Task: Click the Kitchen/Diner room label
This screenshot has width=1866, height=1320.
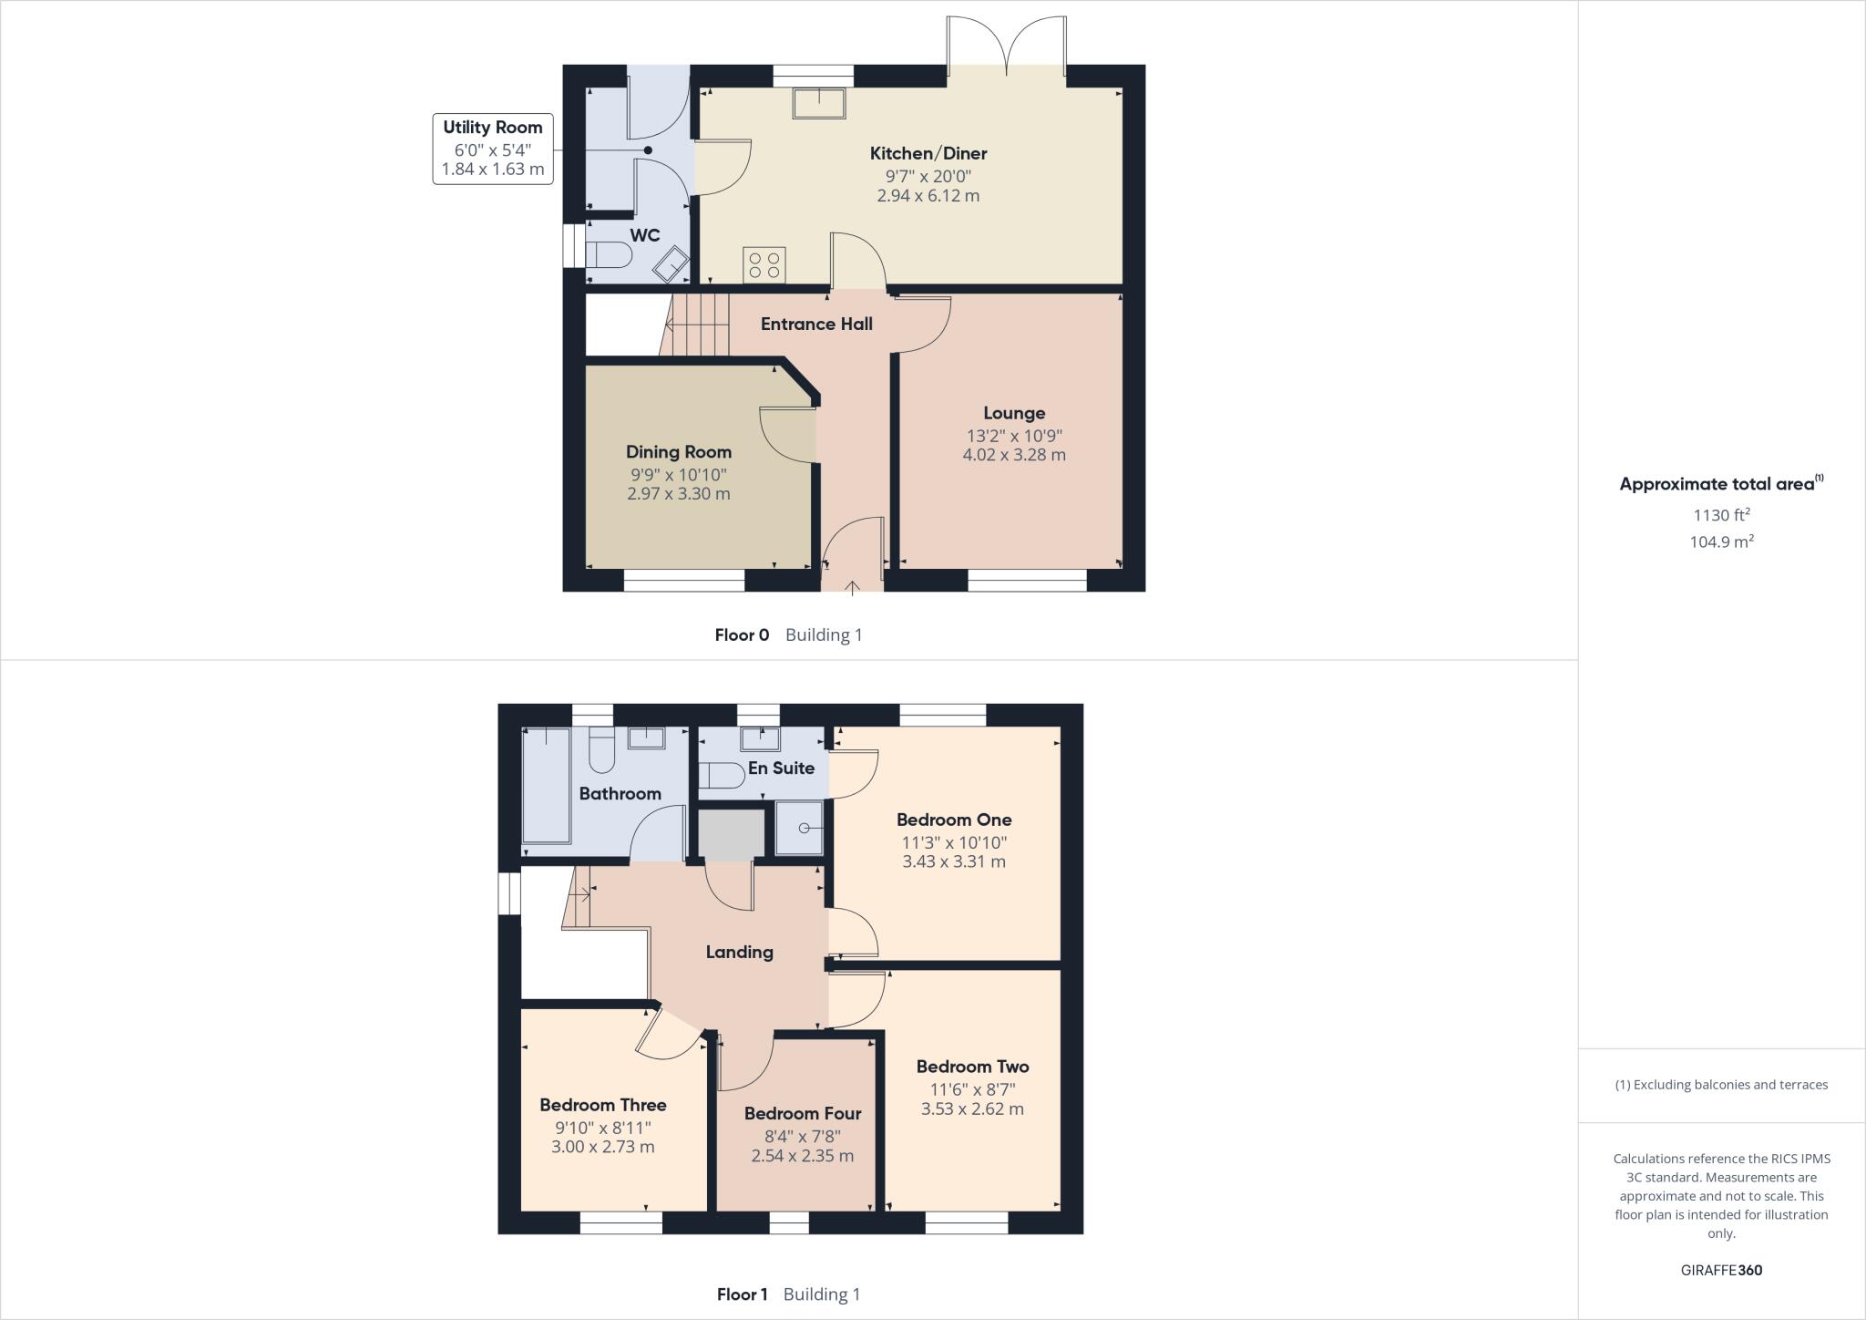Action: click(928, 153)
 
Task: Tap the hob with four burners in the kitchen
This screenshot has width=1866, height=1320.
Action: click(764, 264)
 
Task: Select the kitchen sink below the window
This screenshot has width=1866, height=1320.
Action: click(819, 103)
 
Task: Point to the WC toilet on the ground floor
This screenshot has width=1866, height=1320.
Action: click(609, 255)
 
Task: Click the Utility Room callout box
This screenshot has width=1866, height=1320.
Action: click(493, 148)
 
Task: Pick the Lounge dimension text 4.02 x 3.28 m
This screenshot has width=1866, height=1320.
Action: click(1013, 455)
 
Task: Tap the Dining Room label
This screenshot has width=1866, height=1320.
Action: click(678, 452)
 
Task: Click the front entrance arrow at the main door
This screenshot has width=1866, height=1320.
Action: click(852, 588)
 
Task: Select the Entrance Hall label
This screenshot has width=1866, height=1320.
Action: click(816, 324)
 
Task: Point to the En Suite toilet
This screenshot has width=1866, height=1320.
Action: click(721, 775)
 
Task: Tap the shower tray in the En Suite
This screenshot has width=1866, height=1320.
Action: click(799, 828)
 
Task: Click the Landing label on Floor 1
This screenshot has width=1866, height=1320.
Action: click(739, 952)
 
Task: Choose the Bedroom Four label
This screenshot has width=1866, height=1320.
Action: click(802, 1113)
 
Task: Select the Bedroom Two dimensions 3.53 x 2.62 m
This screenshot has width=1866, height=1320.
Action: click(972, 1109)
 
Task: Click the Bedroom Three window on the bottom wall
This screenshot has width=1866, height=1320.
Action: click(621, 1222)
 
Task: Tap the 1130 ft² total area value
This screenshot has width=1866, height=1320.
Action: click(1721, 515)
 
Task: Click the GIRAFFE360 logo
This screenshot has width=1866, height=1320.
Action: click(1721, 1270)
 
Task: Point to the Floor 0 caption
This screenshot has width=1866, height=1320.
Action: click(742, 634)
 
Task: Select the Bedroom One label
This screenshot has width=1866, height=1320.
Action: click(954, 820)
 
